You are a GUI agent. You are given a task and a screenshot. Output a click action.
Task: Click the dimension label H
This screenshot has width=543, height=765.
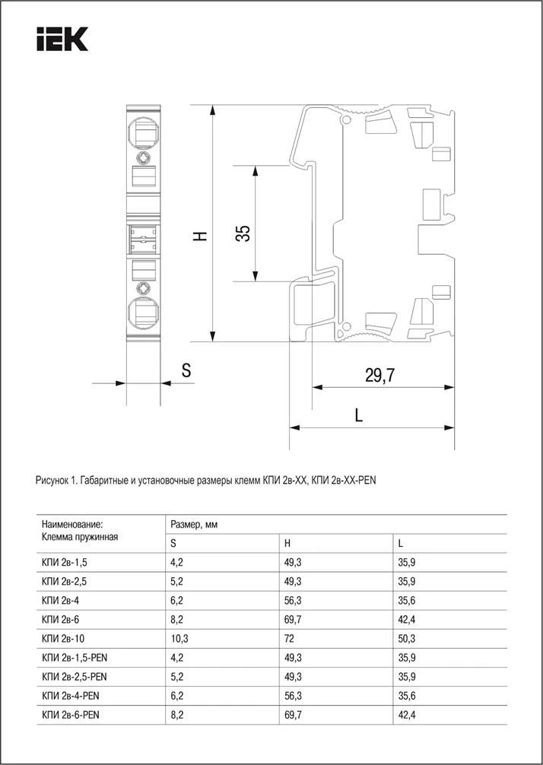[x=200, y=236]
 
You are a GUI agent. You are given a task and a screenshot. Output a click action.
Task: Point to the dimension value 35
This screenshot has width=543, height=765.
[x=242, y=233]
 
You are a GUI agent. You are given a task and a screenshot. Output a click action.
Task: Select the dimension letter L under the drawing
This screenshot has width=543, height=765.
[x=359, y=415]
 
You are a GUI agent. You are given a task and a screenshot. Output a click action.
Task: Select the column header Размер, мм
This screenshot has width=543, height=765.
[x=193, y=525]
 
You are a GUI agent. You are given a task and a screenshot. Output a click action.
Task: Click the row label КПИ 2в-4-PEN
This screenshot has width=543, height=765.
[x=74, y=696]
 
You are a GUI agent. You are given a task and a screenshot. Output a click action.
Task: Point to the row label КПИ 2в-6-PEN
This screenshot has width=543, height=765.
[x=74, y=715]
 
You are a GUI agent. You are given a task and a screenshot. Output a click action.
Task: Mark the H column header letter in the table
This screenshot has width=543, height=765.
[x=287, y=544]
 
